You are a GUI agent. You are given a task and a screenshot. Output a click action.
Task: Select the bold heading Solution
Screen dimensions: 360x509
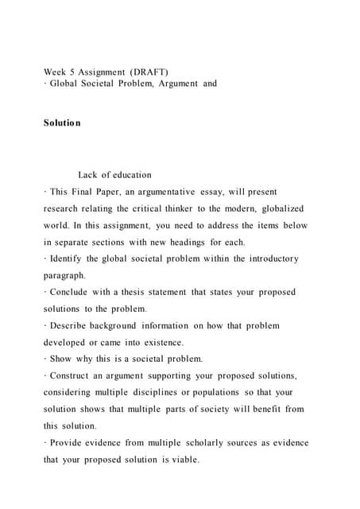pos(62,126)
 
